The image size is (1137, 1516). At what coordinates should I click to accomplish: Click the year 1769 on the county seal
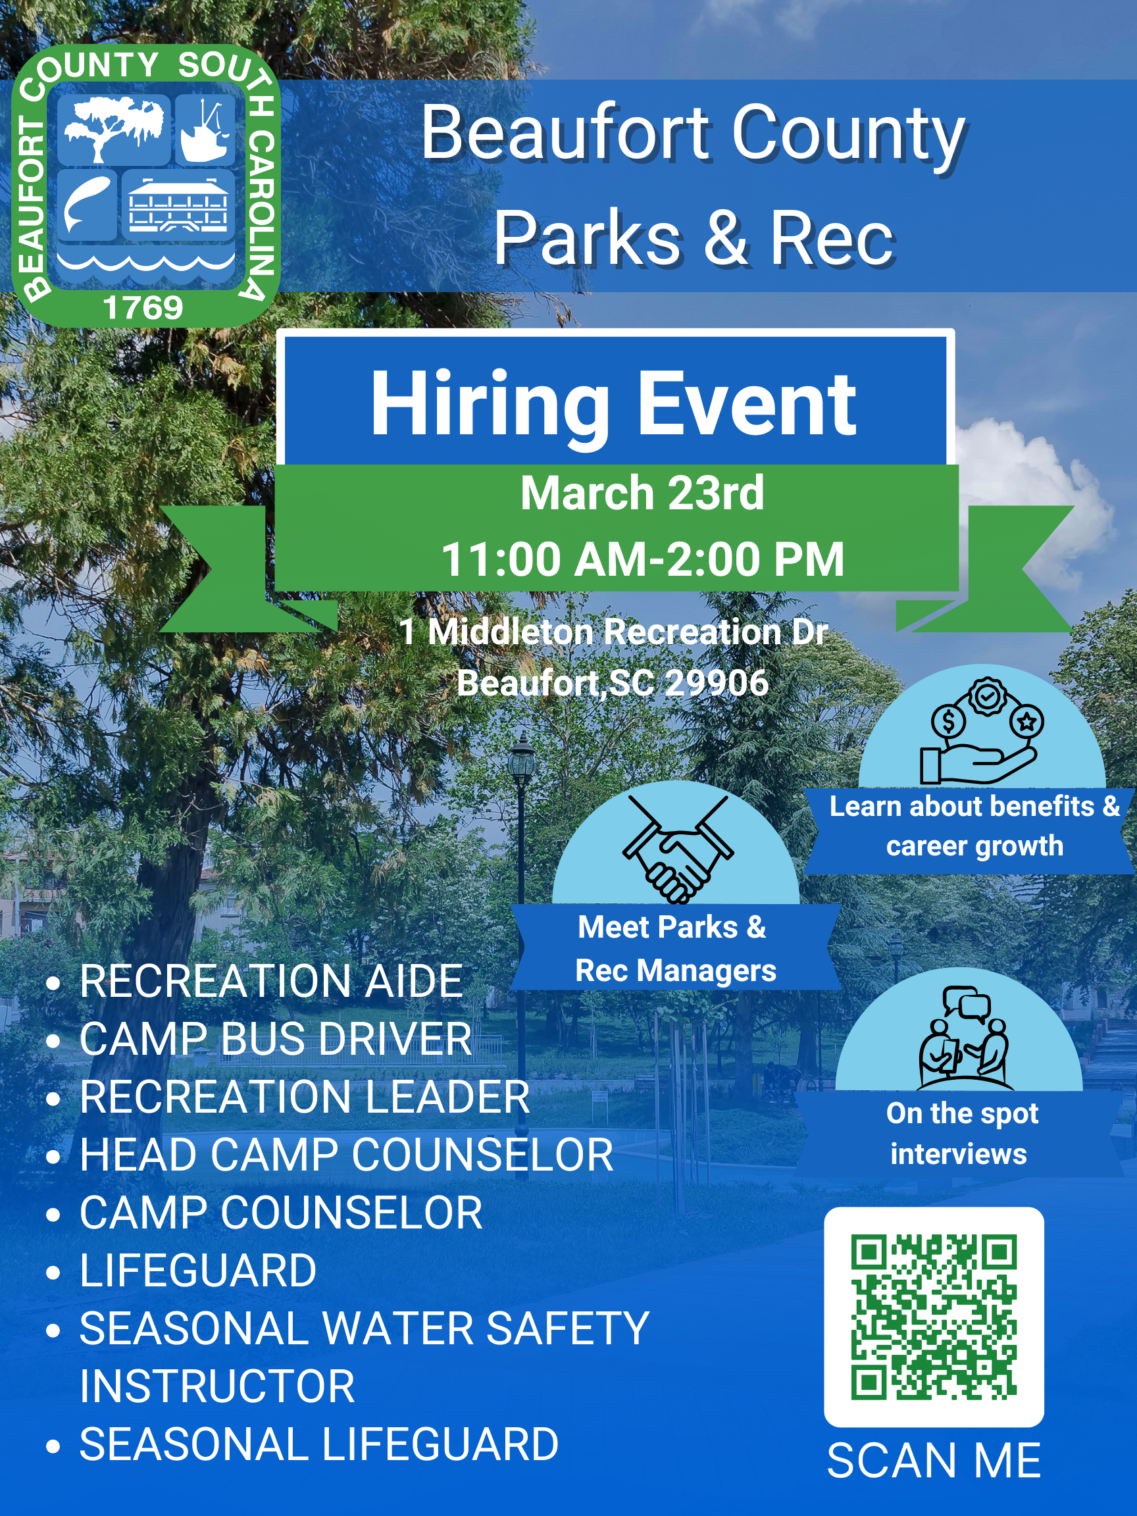click(143, 308)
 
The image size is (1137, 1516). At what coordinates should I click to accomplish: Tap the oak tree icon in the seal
click(114, 129)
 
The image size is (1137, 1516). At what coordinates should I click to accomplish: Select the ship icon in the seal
click(205, 130)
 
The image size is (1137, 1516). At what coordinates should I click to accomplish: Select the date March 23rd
click(642, 493)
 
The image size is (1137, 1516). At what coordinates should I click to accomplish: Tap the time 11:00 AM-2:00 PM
click(642, 559)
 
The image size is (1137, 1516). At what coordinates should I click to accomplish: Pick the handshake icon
click(677, 848)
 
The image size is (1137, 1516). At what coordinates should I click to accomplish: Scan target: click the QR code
click(934, 1317)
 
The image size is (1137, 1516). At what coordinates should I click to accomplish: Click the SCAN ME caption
click(934, 1460)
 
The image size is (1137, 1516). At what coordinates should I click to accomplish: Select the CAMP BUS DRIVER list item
click(276, 1039)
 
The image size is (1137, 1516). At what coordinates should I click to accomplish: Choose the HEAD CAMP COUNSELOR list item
click(346, 1155)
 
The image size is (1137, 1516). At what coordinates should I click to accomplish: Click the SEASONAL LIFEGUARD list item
click(318, 1444)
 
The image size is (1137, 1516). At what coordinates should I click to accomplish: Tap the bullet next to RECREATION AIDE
click(53, 983)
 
